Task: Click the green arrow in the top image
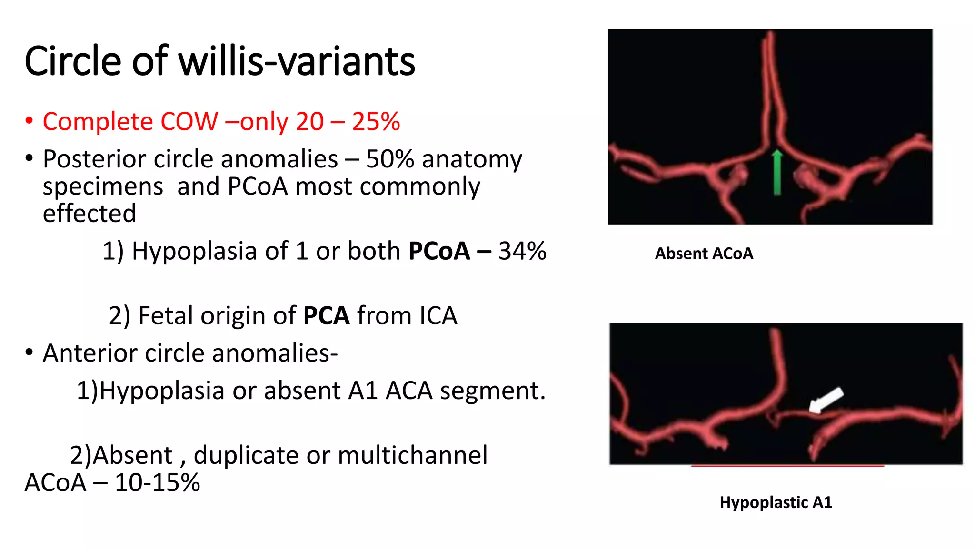777,172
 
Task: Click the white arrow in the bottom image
826,400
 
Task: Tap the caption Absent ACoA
704,254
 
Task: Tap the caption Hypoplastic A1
776,502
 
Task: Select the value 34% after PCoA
522,251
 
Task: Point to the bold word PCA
326,315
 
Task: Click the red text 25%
376,121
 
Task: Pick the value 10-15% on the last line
157,482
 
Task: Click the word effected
89,213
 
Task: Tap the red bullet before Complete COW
30,121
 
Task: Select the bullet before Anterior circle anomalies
30,353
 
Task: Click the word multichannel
412,455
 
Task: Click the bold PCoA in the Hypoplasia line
439,251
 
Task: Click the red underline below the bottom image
787,466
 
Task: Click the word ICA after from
438,315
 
